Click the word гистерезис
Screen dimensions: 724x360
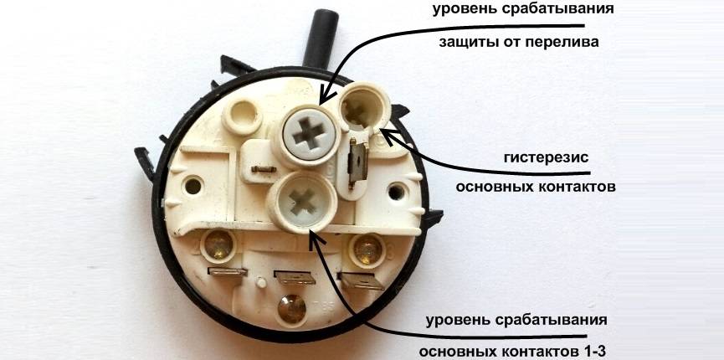tap(547, 157)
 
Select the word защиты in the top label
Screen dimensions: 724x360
tap(462, 43)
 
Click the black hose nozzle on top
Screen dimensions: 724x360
tap(320, 39)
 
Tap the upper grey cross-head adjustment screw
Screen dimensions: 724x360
tap(308, 133)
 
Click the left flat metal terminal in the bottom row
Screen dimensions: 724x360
tap(228, 272)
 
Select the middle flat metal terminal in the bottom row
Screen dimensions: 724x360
tap(295, 278)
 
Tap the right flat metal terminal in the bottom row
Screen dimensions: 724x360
tap(361, 280)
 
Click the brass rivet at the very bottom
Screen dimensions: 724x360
tap(292, 309)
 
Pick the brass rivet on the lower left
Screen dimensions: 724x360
tap(218, 245)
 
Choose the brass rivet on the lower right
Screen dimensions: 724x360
tap(367, 249)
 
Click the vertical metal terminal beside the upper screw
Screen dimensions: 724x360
tap(358, 163)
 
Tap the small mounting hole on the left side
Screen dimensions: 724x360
tap(193, 186)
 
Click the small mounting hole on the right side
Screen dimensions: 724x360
tap(396, 192)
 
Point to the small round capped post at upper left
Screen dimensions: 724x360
tap(243, 116)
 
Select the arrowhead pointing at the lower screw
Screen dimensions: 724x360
tap(316, 237)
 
